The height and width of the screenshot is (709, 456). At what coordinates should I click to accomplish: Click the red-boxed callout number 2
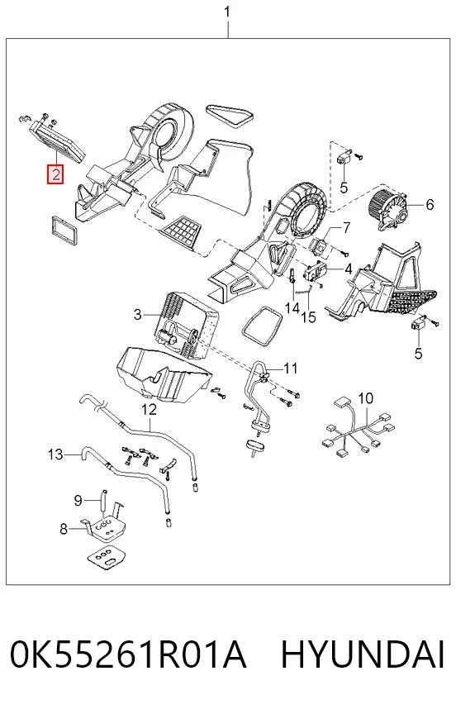pyautogui.click(x=55, y=174)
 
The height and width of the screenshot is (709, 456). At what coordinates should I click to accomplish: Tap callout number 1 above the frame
pyautogui.click(x=227, y=12)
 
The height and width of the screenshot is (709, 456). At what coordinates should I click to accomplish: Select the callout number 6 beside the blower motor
pyautogui.click(x=430, y=205)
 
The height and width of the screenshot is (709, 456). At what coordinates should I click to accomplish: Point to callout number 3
pyautogui.click(x=138, y=314)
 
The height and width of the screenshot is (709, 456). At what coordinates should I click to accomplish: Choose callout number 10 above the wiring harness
pyautogui.click(x=366, y=398)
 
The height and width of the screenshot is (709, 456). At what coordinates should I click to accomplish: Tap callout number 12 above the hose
pyautogui.click(x=149, y=409)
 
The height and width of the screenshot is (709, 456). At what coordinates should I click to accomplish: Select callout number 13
pyautogui.click(x=55, y=454)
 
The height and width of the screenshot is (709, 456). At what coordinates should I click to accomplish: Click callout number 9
pyautogui.click(x=78, y=500)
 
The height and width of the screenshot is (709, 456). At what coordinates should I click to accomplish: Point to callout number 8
pyautogui.click(x=64, y=528)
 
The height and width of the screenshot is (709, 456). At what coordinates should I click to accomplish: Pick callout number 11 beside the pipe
pyautogui.click(x=290, y=369)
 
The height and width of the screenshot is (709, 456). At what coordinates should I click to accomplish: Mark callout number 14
pyautogui.click(x=292, y=308)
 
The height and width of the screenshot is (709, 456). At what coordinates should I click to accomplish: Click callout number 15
pyautogui.click(x=309, y=317)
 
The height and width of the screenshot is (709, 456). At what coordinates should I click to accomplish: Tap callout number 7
pyautogui.click(x=346, y=228)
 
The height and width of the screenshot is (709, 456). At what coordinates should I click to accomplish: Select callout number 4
pyautogui.click(x=348, y=269)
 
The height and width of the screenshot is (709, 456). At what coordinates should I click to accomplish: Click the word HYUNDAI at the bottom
pyautogui.click(x=363, y=654)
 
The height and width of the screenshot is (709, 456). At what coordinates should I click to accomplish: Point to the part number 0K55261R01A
pyautogui.click(x=128, y=654)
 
